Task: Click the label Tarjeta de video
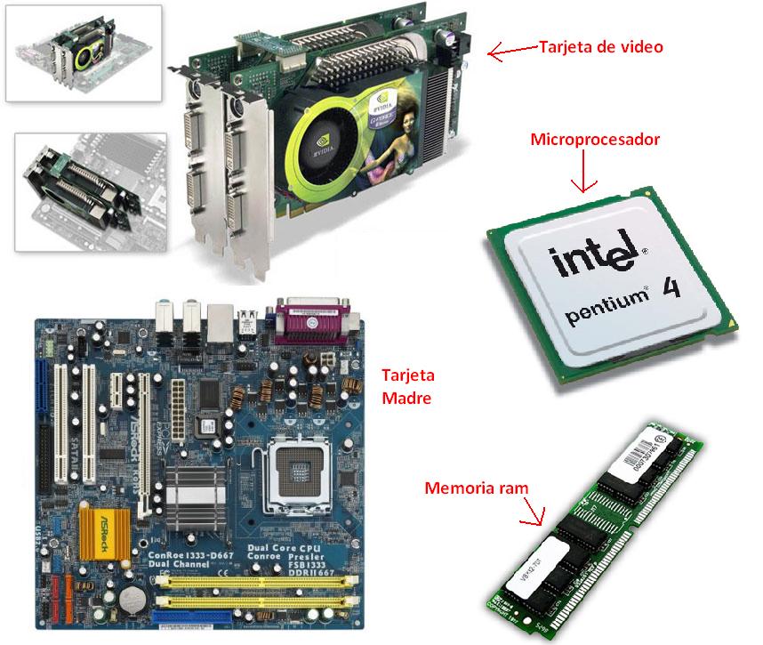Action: pyautogui.click(x=600, y=46)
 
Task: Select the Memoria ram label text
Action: pyautogui.click(x=476, y=488)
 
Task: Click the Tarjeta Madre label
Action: pyautogui.click(x=406, y=386)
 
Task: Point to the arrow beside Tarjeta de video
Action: pyautogui.click(x=512, y=52)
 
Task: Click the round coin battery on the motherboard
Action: pyautogui.click(x=133, y=595)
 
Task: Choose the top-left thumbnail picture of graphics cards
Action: pyautogui.click(x=84, y=52)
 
